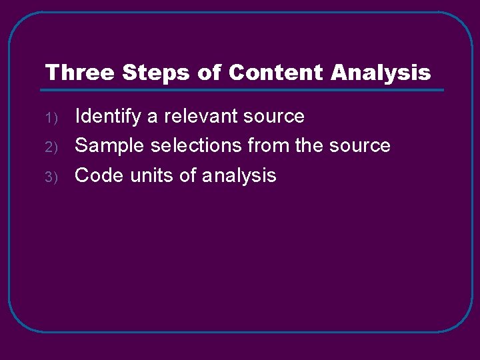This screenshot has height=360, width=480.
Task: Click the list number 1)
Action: point(53,119)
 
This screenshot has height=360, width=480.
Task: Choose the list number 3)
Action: point(53,177)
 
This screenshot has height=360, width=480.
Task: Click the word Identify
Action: point(108,117)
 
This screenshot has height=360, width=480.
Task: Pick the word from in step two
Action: point(269,145)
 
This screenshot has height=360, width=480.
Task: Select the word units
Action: point(154,175)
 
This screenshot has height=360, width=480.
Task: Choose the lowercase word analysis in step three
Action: point(239,176)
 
